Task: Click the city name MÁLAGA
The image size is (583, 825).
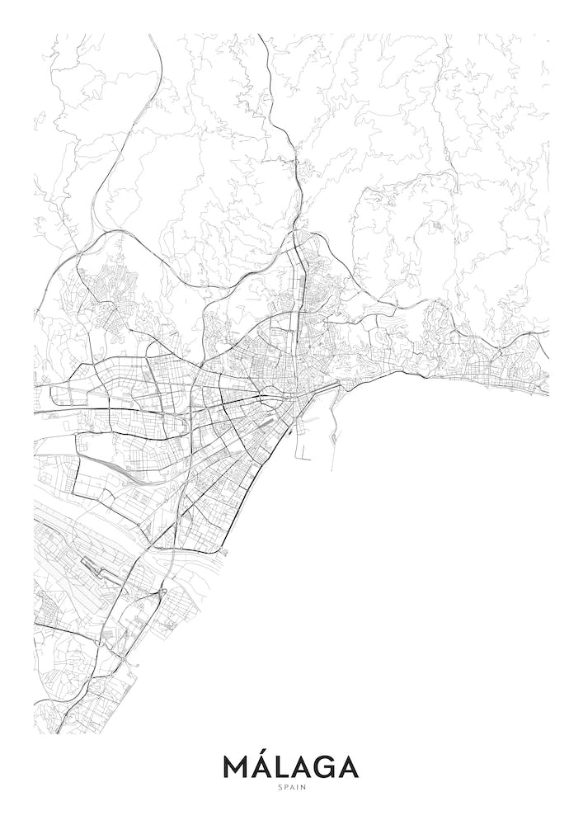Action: pyautogui.click(x=291, y=766)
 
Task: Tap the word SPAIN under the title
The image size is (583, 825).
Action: pyautogui.click(x=291, y=785)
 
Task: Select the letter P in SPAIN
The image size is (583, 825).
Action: pyautogui.click(x=284, y=785)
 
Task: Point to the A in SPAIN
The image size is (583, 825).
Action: pyautogui.click(x=292, y=785)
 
